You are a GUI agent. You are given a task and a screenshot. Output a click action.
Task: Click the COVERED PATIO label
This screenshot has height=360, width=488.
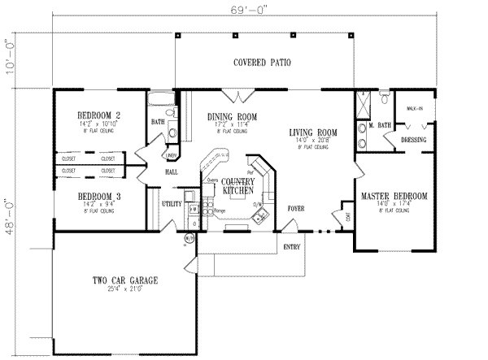[x=262, y=63]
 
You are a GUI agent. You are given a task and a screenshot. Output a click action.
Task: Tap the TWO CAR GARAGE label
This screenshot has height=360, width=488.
[x=124, y=280]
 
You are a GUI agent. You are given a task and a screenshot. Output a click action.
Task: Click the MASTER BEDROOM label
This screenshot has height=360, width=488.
[x=394, y=197]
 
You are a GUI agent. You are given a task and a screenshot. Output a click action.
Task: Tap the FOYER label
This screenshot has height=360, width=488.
[x=296, y=209]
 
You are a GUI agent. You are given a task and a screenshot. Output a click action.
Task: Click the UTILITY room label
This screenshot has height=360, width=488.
[x=171, y=204]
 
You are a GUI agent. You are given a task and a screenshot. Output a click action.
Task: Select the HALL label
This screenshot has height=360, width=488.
[x=172, y=172]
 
